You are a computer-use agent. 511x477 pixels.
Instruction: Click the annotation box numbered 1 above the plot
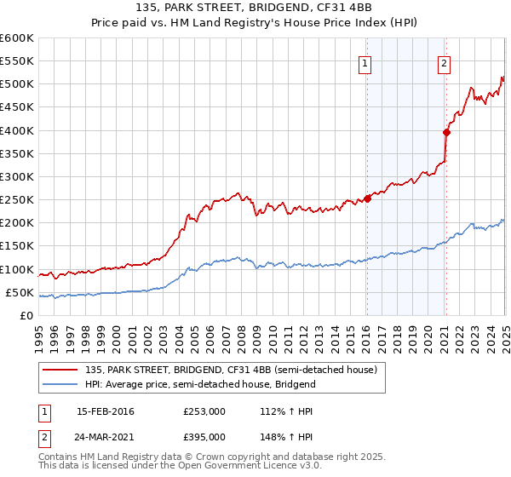click(365, 61)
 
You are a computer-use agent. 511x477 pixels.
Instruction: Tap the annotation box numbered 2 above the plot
click(445, 61)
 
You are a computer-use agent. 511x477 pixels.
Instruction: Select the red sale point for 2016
click(367, 198)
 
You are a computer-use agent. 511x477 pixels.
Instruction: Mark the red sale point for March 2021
click(446, 132)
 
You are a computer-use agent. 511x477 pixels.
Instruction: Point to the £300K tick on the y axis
click(19, 176)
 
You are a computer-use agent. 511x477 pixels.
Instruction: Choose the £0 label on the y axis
click(28, 315)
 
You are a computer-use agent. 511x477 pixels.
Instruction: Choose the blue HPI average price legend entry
click(200, 384)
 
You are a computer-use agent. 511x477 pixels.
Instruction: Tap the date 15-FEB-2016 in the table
click(106, 411)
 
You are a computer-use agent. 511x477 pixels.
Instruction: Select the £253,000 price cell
click(204, 411)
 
